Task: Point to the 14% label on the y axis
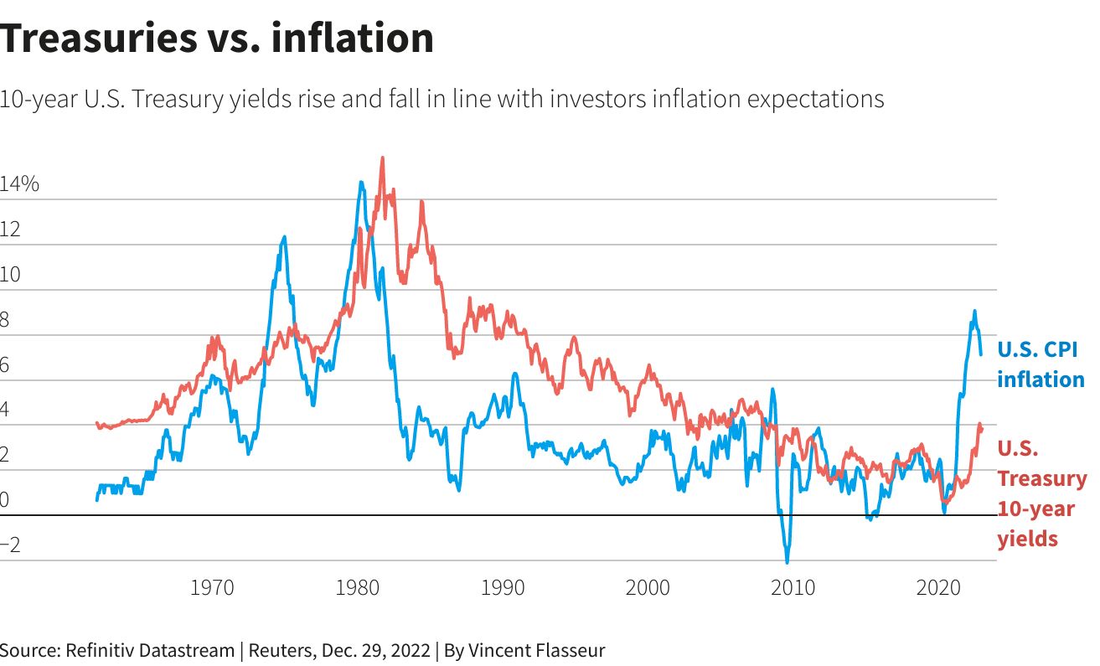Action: (x=20, y=185)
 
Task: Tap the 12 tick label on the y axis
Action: (x=10, y=230)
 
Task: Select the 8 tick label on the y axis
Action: (x=6, y=321)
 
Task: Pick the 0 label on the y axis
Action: (x=6, y=501)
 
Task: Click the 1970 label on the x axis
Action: (x=212, y=587)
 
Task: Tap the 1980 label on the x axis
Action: (x=357, y=587)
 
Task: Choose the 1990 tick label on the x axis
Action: (x=503, y=587)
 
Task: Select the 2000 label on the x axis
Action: (x=648, y=587)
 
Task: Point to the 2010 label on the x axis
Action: (x=793, y=587)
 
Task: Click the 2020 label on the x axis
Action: (x=938, y=587)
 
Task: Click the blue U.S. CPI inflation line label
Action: (x=1040, y=364)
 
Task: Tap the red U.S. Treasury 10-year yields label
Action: (x=1041, y=493)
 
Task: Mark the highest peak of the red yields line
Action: (x=382, y=157)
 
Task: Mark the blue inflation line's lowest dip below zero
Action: (x=788, y=562)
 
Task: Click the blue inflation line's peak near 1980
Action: (x=361, y=182)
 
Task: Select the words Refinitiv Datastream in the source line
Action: (x=150, y=650)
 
